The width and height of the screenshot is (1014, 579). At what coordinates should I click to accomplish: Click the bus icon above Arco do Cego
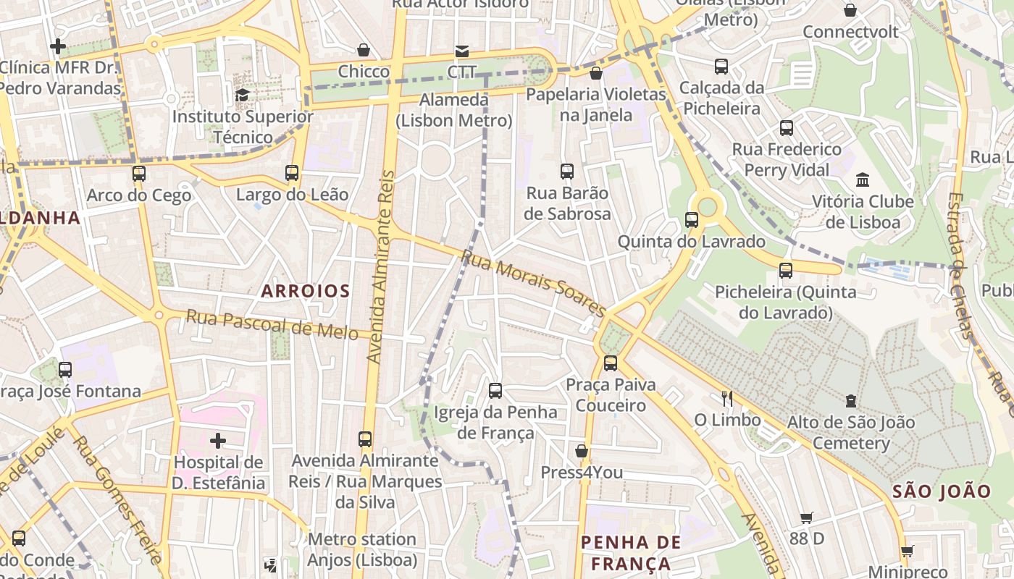(x=139, y=174)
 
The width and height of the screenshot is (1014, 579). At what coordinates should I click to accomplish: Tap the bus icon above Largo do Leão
(x=292, y=173)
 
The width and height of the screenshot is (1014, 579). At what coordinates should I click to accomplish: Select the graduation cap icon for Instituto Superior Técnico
(x=242, y=95)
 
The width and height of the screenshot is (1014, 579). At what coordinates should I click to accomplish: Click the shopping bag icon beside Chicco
(x=364, y=50)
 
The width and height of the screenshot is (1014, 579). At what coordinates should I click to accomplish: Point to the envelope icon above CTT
(x=461, y=51)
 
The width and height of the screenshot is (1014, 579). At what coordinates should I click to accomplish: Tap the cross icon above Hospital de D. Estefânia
(x=217, y=440)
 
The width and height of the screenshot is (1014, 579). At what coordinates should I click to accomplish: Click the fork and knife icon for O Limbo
(x=727, y=398)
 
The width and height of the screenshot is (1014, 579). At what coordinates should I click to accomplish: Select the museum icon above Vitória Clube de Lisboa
(x=863, y=179)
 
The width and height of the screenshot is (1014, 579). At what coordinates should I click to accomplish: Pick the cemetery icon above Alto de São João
(x=851, y=400)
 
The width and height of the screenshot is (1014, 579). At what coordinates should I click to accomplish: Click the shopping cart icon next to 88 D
(x=807, y=517)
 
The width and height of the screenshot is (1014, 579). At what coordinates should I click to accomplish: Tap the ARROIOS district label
(x=306, y=291)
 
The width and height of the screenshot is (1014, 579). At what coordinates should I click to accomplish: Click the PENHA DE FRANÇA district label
(x=631, y=553)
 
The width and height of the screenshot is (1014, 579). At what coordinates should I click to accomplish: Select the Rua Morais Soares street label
(x=533, y=283)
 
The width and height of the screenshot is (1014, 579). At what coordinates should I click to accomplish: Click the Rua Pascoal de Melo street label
(x=272, y=325)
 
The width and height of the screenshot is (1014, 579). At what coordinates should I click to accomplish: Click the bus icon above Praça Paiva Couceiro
(x=611, y=363)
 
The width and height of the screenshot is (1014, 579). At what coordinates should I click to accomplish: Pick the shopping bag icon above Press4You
(x=581, y=452)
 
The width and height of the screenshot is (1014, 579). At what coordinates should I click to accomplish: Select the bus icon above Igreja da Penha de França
(x=495, y=391)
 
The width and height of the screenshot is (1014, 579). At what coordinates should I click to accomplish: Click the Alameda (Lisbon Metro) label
(x=454, y=110)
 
